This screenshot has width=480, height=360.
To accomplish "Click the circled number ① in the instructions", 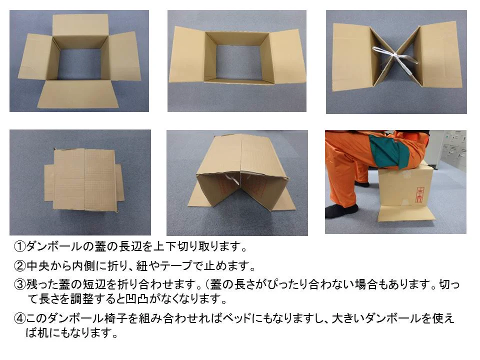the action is click(20, 246).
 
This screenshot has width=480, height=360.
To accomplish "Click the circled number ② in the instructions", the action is click(20, 265).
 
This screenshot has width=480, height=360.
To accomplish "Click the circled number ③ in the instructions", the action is click(20, 284).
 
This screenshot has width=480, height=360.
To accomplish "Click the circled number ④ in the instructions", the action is click(20, 318).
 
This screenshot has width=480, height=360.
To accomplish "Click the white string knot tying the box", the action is click(397, 55).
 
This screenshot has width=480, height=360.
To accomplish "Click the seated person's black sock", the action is click(341, 211).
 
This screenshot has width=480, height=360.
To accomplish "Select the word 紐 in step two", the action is click(142, 265).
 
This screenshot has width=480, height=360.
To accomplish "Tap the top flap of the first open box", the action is click(80, 26).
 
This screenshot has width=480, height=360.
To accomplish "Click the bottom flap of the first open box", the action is click(78, 94).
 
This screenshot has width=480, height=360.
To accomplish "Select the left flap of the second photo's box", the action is click(186, 55).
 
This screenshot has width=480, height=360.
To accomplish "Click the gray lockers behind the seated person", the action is click(454, 150).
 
